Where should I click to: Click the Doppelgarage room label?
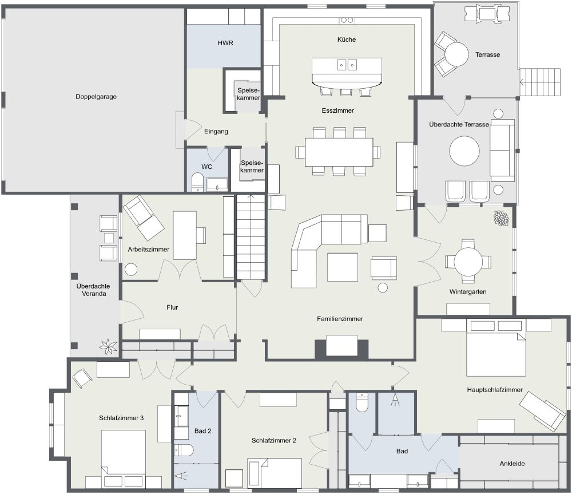click(96, 97)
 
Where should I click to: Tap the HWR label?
click(225, 43)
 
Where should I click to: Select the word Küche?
click(347, 39)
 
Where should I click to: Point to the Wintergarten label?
click(468, 291)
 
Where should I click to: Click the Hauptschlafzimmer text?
click(495, 390)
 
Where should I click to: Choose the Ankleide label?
click(512, 463)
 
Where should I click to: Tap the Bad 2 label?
click(203, 430)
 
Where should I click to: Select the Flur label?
click(172, 307)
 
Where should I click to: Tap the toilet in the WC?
click(197, 183)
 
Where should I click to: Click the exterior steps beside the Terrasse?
click(541, 82)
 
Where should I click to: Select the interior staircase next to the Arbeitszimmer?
click(251, 236)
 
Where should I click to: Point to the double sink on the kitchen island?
click(347, 65)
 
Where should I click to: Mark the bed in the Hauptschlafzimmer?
click(496, 347)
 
